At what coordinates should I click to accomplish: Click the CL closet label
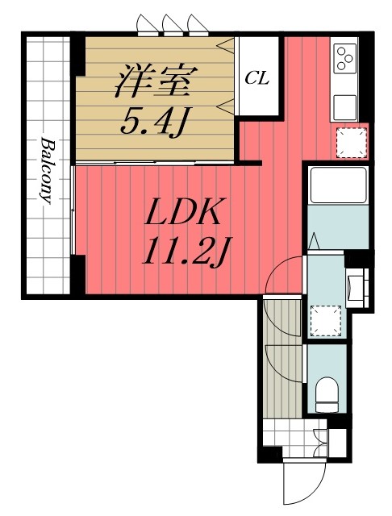pos(257,78)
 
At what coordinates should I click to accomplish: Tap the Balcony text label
pos(48,170)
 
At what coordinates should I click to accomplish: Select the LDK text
pos(183,211)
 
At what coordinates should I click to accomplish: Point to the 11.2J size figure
pos(186,251)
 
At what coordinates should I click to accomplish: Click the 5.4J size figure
pos(154,123)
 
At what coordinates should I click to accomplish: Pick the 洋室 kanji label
pos(156,81)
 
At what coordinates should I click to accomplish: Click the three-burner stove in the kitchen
pos(345,59)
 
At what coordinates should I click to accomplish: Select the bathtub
pos(339,185)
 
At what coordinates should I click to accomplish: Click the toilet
pos(327,394)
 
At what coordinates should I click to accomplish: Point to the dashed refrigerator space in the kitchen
pos(351,143)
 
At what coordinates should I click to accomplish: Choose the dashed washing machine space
pos(326,321)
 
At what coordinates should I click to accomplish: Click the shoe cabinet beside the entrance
pos(337,443)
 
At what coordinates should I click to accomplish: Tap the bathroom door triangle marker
pos(315,240)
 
